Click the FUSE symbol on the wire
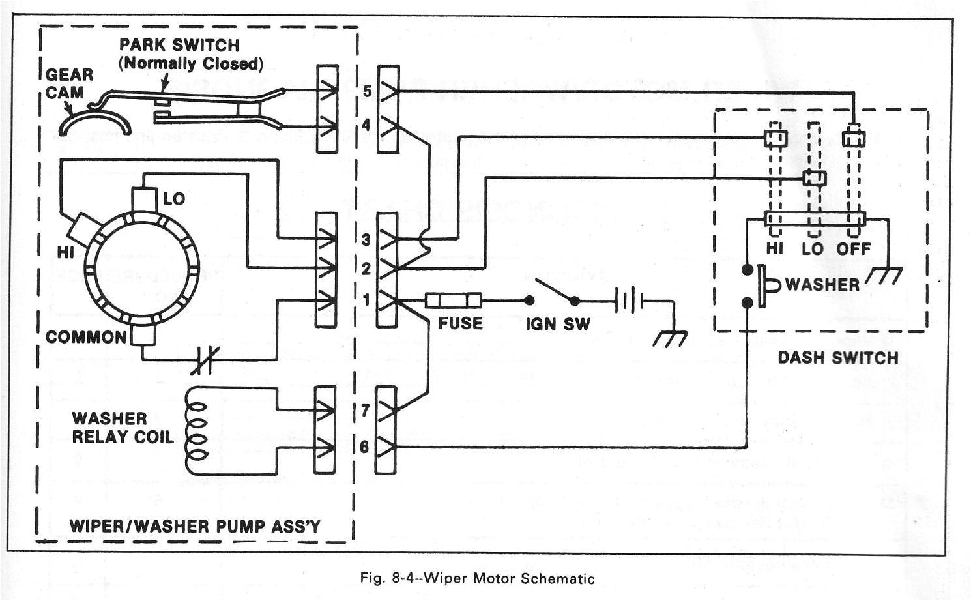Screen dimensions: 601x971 click(454, 300)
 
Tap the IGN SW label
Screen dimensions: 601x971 click(558, 324)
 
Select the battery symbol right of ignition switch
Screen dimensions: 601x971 click(628, 301)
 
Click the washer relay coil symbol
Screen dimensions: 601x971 click(195, 430)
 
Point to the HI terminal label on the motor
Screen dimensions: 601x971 click(65, 252)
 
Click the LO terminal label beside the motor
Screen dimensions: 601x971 click(174, 199)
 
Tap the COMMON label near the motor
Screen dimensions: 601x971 click(86, 338)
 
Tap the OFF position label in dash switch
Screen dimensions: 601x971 click(854, 249)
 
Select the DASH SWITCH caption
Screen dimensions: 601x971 click(838, 358)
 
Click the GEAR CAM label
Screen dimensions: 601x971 click(69, 83)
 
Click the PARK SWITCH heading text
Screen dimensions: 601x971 click(179, 46)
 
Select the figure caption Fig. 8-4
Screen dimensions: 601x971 click(477, 578)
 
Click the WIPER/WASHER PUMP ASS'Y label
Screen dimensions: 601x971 click(195, 526)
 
